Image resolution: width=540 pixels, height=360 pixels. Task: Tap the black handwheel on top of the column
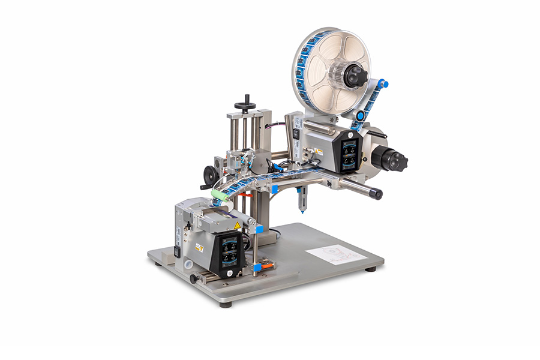[245, 106]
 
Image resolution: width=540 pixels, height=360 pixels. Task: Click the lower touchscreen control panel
[228, 250]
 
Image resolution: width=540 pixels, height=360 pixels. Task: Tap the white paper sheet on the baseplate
[335, 254]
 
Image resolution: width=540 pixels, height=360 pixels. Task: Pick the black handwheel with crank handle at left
[209, 175]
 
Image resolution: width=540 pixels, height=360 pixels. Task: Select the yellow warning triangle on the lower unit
[237, 225]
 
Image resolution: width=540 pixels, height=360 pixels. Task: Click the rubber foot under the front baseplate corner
[226, 304]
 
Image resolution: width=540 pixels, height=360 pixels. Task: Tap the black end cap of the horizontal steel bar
[376, 194]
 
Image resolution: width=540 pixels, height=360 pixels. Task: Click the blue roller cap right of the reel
[383, 85]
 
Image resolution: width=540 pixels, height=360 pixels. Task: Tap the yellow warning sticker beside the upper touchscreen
[319, 152]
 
